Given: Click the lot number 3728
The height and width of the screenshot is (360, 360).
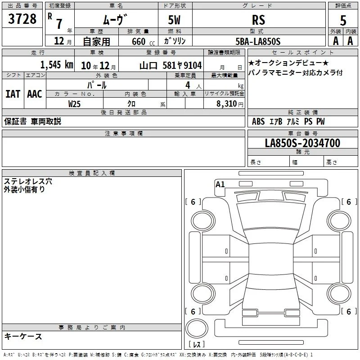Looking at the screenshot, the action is pyautogui.click(x=22, y=18).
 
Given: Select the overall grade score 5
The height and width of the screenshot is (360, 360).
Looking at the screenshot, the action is pyautogui.click(x=343, y=20).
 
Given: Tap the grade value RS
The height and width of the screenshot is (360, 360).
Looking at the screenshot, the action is pyautogui.click(x=258, y=20).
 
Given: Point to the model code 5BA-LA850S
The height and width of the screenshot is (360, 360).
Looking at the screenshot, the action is pyautogui.click(x=258, y=41).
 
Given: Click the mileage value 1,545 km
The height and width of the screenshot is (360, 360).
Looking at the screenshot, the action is pyautogui.click(x=57, y=65).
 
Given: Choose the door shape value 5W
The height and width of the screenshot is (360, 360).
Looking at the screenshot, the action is pyautogui.click(x=174, y=20).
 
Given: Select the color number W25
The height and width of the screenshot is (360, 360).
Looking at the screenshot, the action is pyautogui.click(x=74, y=104).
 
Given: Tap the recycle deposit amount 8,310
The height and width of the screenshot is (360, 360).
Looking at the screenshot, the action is pyautogui.click(x=227, y=104).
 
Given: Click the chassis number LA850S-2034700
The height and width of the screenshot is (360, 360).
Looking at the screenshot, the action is pyautogui.click(x=302, y=143).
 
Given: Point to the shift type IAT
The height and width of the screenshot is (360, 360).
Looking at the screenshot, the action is pyautogui.click(x=13, y=94).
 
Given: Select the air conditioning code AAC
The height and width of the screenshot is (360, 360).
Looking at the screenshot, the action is pyautogui.click(x=35, y=94).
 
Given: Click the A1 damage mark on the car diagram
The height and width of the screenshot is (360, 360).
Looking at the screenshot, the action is pyautogui.click(x=220, y=184).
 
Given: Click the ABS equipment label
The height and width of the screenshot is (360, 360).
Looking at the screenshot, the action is pyautogui.click(x=258, y=121).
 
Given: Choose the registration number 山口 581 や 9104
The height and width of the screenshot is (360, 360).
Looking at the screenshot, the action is pyautogui.click(x=171, y=66).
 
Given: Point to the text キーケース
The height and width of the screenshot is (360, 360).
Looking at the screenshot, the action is pyautogui.click(x=23, y=337).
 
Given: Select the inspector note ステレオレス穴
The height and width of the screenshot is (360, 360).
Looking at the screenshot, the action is pyautogui.click(x=28, y=181).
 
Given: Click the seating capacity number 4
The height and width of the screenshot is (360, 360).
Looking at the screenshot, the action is pyautogui.click(x=188, y=85).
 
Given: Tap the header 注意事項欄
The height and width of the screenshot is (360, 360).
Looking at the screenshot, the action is pyautogui.click(x=124, y=133).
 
